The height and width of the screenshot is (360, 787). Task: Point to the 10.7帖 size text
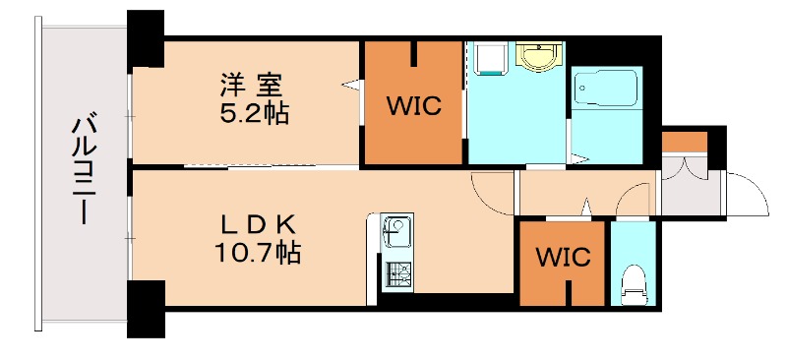click(x=259, y=253)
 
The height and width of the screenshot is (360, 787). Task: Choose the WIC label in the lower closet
click(x=562, y=259)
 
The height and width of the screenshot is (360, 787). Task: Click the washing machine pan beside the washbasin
click(x=488, y=61)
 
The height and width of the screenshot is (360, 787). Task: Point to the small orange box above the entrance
click(x=684, y=141)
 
